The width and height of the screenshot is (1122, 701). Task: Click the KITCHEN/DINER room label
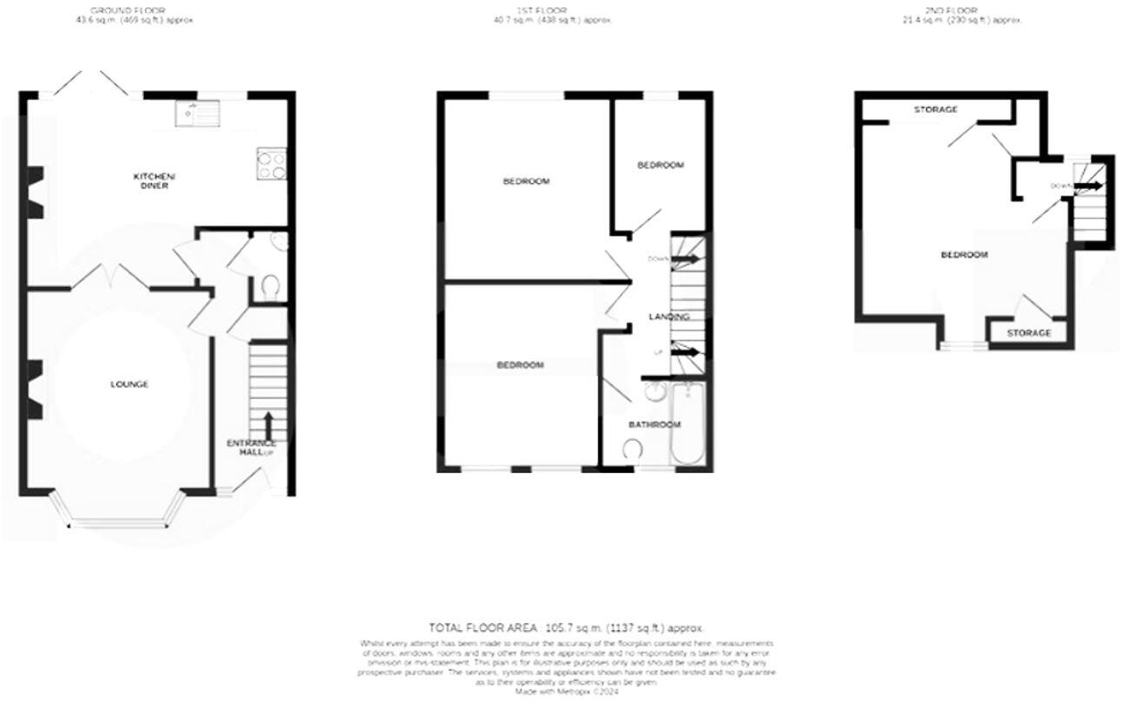point(149,180)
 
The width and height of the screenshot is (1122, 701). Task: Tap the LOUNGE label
point(128,384)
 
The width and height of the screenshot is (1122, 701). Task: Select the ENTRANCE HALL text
point(251,448)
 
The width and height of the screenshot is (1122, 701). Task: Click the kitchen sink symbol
point(197,113)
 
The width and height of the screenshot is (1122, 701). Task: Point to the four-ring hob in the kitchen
point(272,164)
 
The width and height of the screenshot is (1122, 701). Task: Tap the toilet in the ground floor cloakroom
point(270,286)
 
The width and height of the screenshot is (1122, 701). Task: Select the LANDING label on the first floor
point(669,317)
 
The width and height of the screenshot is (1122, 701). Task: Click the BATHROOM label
point(654,425)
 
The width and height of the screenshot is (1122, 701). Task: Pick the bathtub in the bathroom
point(689,425)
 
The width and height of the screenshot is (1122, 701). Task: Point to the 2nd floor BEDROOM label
point(965,255)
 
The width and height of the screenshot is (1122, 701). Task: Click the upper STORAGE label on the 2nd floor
point(935,109)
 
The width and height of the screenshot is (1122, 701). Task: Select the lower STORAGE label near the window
point(1028,333)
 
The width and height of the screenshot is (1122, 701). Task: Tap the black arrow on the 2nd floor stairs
point(1090,186)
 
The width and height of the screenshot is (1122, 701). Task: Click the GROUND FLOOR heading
point(134,10)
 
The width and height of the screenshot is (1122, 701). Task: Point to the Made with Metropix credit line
point(567,691)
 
